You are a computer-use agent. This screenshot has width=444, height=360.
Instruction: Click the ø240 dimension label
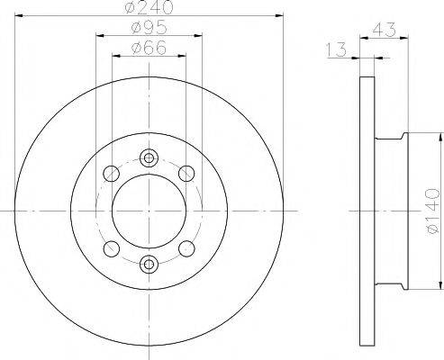click(x=149, y=6)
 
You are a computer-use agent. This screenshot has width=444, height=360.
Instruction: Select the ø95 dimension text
click(x=149, y=28)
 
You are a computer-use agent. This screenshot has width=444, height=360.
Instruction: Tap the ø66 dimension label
click(x=149, y=48)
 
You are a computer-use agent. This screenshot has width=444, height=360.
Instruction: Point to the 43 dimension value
click(x=385, y=30)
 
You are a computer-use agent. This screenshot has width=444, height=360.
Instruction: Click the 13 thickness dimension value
click(x=336, y=49)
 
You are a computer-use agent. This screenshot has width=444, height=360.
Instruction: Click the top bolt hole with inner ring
click(x=149, y=157)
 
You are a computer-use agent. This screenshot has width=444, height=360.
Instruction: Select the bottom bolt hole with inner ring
click(x=149, y=265)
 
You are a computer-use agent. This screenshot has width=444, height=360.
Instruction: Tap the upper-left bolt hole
click(x=112, y=173)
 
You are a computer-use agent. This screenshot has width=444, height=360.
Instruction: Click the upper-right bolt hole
click(x=186, y=173)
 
